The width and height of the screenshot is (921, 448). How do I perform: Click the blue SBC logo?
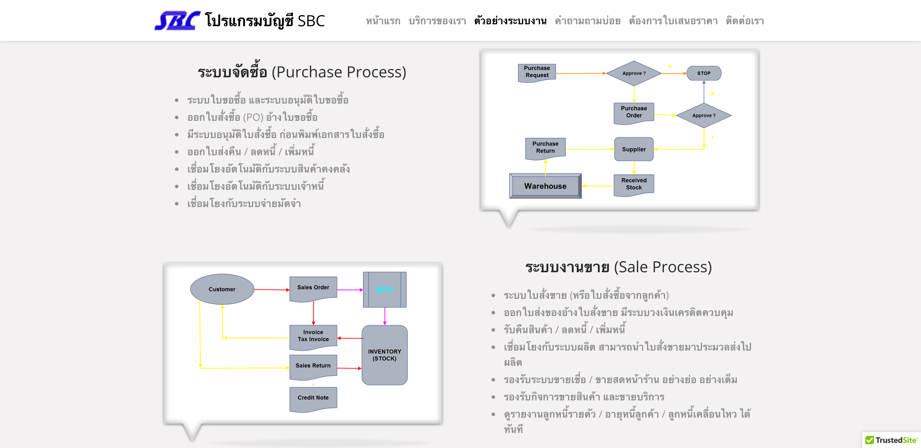point(177,21)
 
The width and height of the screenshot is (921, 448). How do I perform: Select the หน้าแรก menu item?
point(383,21)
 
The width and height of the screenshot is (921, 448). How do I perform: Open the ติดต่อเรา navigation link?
point(744,21)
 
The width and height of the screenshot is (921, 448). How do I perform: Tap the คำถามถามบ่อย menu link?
point(587,21)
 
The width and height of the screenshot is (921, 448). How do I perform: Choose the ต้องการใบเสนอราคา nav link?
point(673,21)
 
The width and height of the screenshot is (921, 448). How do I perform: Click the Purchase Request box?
point(537,72)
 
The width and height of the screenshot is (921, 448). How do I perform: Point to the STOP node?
point(704,73)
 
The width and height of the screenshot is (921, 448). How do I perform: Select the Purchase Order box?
point(634,112)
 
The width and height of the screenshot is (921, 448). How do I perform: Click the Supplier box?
point(634,149)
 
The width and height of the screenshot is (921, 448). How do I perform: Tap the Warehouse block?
point(545,186)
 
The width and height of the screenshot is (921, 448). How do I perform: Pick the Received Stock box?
point(634,184)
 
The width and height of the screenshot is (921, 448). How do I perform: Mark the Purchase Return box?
point(545,148)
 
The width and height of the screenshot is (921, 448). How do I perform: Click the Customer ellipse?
point(222,289)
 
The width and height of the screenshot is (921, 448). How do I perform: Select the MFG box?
point(384,290)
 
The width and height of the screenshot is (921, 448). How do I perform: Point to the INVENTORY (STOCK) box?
point(384,355)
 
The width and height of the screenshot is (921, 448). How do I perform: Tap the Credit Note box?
point(313,398)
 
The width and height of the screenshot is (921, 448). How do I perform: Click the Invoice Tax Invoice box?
point(313,336)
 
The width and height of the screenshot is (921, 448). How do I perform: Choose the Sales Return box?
point(313,366)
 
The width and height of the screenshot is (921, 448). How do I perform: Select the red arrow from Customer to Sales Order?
point(272,290)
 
